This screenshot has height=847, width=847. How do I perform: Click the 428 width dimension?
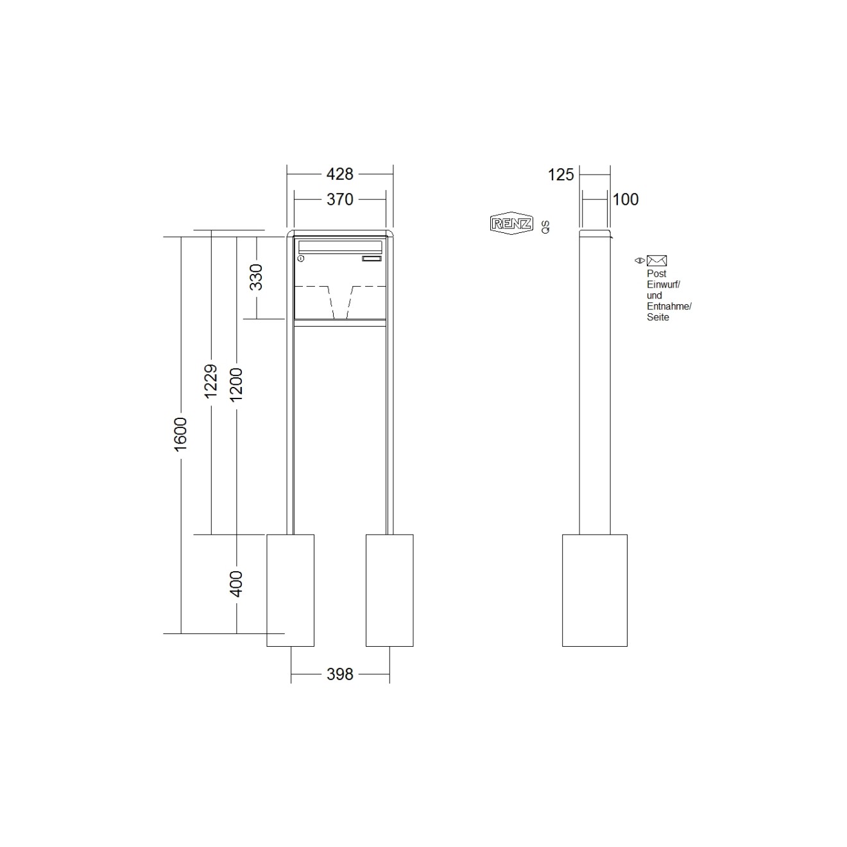coord(339,174)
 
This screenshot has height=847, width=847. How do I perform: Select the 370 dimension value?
coord(339,200)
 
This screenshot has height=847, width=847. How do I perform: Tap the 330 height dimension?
coord(256,277)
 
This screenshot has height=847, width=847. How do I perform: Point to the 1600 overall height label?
coord(180,433)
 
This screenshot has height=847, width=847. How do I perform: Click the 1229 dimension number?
coord(210,382)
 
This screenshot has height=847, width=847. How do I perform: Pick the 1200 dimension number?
coord(236,384)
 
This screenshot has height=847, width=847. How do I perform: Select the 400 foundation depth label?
coord(236,584)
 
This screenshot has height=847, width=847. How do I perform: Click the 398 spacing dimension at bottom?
coord(339,674)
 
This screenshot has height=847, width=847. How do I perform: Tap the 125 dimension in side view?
coord(561,175)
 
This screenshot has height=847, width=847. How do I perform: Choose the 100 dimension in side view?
coord(626,200)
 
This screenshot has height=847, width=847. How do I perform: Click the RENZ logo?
coord(511,223)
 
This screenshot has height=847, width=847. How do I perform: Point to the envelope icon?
coord(656,261)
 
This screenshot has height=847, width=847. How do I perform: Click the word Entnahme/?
coord(669,306)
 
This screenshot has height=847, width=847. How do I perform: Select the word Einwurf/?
coord(663,284)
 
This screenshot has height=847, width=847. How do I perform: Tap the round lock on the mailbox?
coord(301,259)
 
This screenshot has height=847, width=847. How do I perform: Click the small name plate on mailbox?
coord(372,259)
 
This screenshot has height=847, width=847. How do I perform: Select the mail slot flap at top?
coord(340,246)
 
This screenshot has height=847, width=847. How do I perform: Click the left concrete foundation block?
coord(290,590)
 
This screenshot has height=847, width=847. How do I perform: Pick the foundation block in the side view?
coord(594,590)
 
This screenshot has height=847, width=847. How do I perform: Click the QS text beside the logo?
coord(545,226)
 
